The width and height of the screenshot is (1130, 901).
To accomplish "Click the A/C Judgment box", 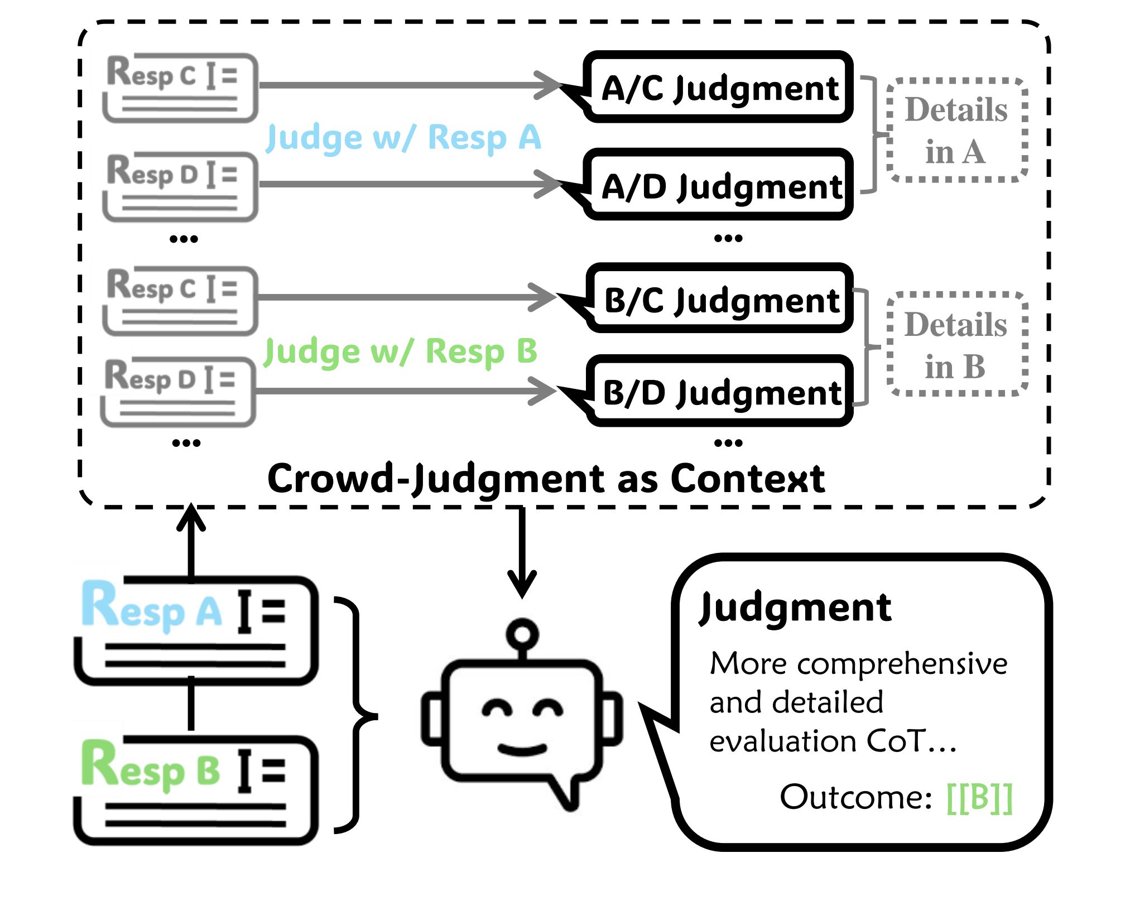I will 719,88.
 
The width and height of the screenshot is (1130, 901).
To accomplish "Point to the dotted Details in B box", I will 956,345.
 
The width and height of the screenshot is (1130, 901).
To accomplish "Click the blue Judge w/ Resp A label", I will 403,137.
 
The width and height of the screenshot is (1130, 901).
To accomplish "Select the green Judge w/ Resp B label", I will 400,351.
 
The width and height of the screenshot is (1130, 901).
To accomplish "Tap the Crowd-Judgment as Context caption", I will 546,479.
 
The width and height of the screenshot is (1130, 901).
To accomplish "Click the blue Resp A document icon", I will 195,630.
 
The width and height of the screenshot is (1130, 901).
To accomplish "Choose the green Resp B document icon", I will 195,789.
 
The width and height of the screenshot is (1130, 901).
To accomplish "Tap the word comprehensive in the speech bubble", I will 902,664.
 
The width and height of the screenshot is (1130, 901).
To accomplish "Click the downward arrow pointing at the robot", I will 522,552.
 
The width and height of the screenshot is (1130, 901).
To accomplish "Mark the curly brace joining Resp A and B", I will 357,715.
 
